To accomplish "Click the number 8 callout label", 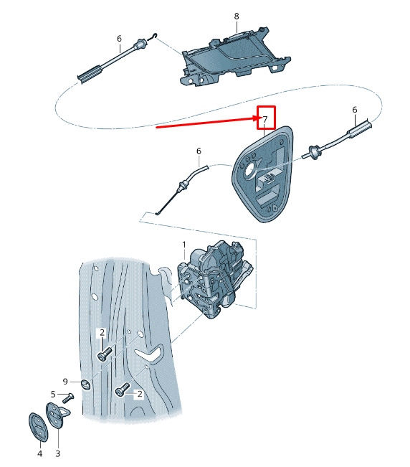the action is click(237, 16).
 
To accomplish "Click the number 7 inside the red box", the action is click(265, 120).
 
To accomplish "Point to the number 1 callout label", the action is click(184, 245).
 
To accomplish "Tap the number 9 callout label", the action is click(65, 382).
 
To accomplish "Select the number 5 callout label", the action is click(53, 395).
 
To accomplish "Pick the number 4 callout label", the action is click(40, 453).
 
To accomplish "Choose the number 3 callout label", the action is click(58, 453).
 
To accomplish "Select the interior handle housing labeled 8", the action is click(235, 58).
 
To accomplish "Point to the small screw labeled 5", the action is click(68, 397).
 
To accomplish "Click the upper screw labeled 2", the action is click(105, 354).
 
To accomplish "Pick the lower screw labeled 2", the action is click(123, 390).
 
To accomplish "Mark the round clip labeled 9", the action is click(86, 385).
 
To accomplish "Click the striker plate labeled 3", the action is click(57, 415).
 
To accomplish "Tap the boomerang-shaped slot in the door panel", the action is click(150, 354).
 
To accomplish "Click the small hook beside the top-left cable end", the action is click(153, 37).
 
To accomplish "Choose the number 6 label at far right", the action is click(355, 110).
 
